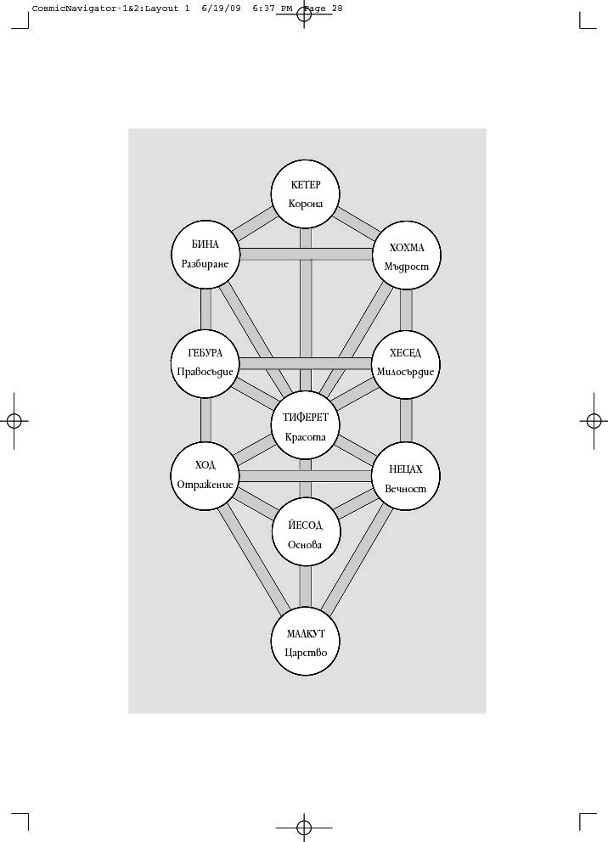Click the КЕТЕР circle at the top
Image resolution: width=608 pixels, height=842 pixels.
click(x=306, y=194)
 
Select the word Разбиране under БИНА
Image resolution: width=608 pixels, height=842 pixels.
click(x=205, y=264)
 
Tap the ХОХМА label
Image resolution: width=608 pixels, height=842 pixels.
click(x=406, y=248)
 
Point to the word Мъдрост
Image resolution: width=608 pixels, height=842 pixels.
click(x=406, y=267)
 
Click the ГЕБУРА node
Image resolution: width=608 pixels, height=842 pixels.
click(x=205, y=362)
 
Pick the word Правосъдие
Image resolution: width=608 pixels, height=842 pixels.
click(x=205, y=371)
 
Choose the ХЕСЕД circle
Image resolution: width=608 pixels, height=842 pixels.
click(x=406, y=362)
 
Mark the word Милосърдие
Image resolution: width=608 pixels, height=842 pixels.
click(x=406, y=371)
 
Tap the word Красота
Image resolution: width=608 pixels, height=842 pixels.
click(x=306, y=436)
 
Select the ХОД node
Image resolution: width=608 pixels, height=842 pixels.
click(x=205, y=474)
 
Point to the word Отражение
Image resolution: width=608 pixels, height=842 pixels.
click(x=205, y=485)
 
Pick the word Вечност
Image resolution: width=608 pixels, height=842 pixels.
click(x=406, y=490)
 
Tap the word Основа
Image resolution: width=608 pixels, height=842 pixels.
click(x=306, y=545)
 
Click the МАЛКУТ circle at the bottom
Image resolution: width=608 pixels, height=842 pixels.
click(x=306, y=643)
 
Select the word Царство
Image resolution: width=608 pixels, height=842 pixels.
click(x=306, y=653)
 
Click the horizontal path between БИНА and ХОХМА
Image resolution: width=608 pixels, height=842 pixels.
click(x=306, y=254)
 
